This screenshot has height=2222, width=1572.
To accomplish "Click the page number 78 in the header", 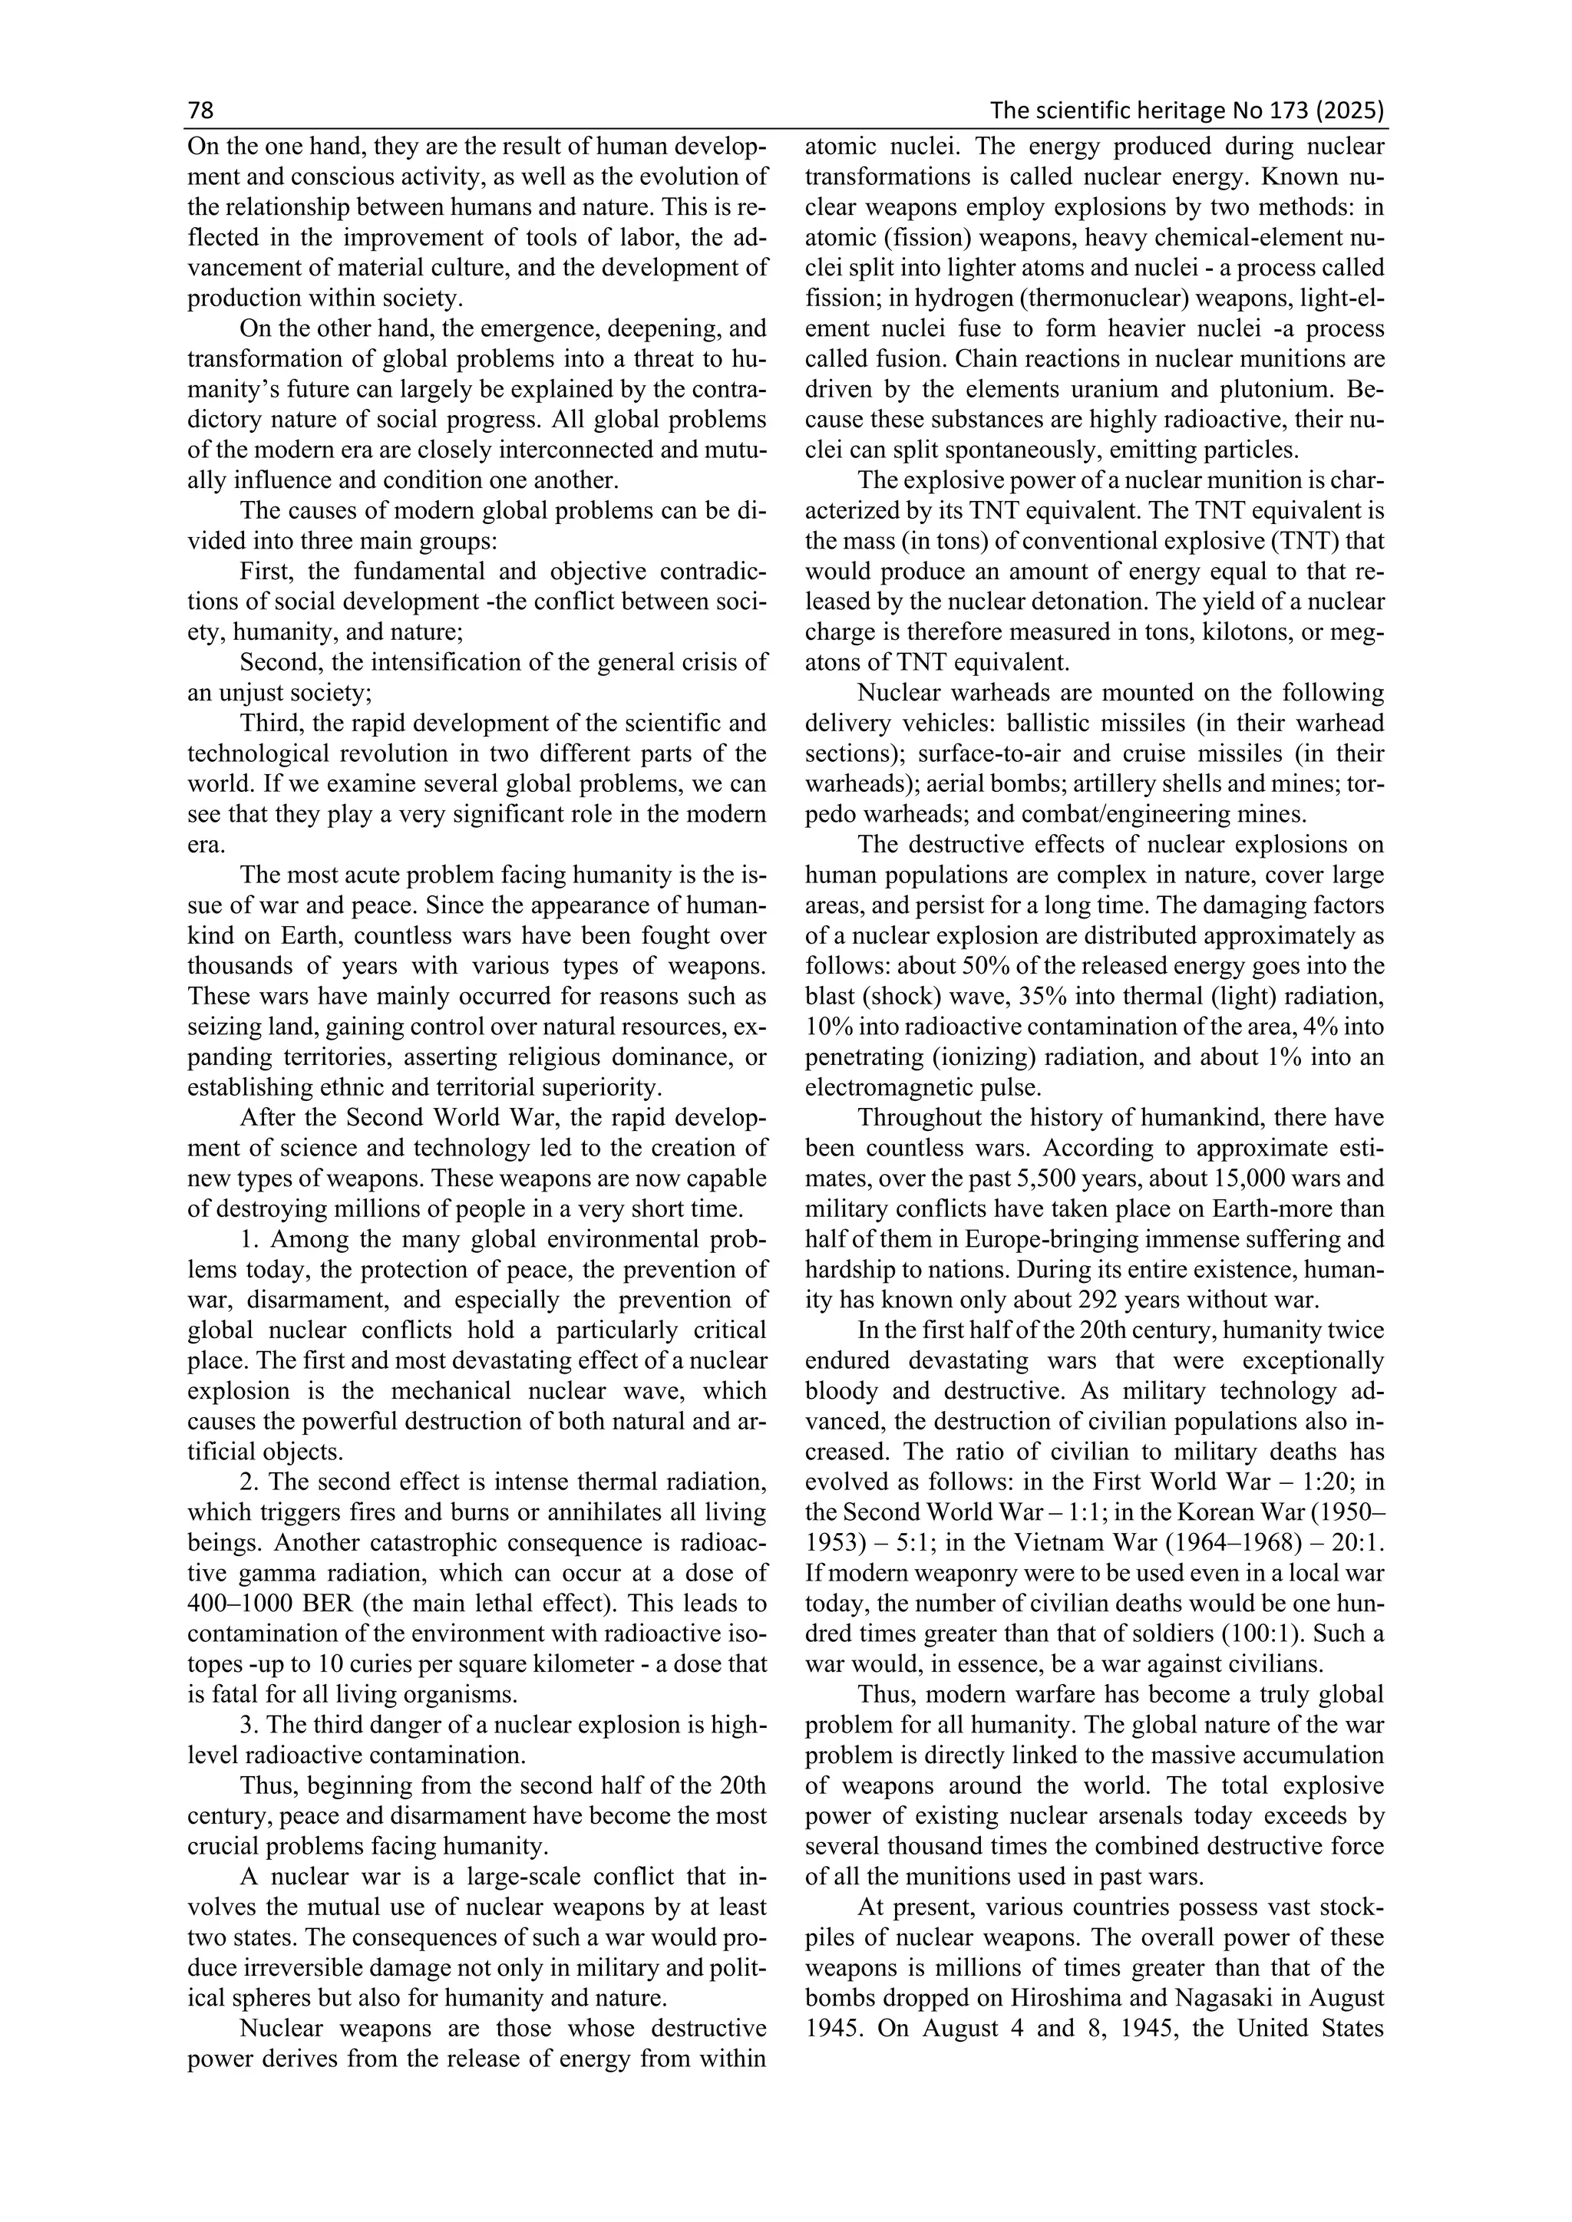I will click(200, 111).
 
